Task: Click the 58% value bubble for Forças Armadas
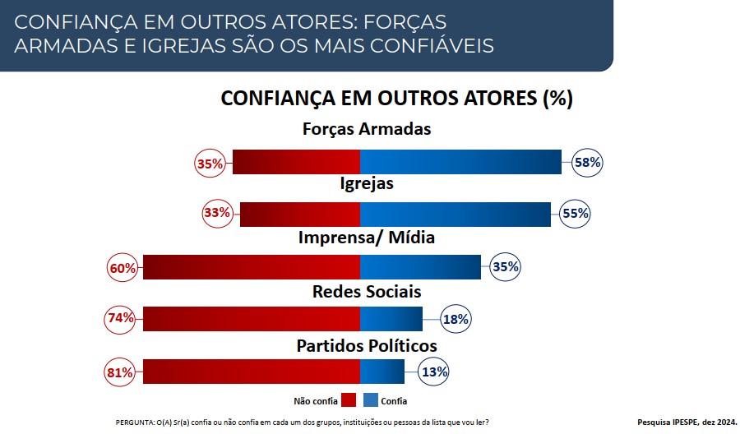587,163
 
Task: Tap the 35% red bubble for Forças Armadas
210,163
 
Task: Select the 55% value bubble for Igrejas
576,214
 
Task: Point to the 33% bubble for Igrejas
217,214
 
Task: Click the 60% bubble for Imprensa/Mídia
122,267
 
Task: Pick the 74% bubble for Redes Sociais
120,318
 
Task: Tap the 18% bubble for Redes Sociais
456,319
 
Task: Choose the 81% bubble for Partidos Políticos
120,372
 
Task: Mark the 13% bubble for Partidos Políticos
434,372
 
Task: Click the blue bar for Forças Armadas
460,163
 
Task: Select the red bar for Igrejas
300,214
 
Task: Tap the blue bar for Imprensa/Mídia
420,267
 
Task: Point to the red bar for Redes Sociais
252,318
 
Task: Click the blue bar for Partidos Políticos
382,372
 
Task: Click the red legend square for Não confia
348,401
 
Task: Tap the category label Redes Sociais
367,292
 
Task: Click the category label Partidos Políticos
367,345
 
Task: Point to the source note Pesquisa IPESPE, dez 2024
687,422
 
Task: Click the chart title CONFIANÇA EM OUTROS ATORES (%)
396,99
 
